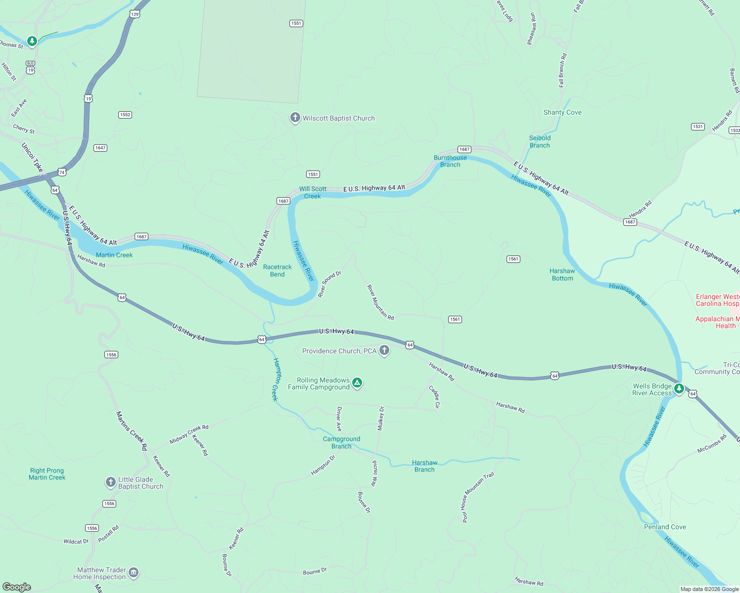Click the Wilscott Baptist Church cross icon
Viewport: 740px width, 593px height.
295,118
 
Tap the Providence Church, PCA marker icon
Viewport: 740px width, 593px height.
384,350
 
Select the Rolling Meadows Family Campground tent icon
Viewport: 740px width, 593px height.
357,382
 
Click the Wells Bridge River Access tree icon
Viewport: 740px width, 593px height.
679,389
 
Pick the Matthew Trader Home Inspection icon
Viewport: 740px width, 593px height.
133,573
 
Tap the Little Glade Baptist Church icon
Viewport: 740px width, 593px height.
110,482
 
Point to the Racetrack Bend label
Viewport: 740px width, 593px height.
277,271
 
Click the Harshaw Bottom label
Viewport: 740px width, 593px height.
562,275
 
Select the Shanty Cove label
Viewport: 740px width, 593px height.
562,113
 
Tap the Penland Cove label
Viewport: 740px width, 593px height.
665,527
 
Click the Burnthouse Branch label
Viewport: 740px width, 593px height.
450,161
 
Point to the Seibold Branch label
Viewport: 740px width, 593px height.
540,142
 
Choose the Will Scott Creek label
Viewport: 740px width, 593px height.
313,193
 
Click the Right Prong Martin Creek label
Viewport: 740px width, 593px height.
47,474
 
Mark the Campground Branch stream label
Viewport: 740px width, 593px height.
341,442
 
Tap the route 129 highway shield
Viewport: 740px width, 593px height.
135,14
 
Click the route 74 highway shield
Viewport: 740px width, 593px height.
61,172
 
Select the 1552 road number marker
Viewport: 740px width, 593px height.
125,115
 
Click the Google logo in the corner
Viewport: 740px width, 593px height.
17,587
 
